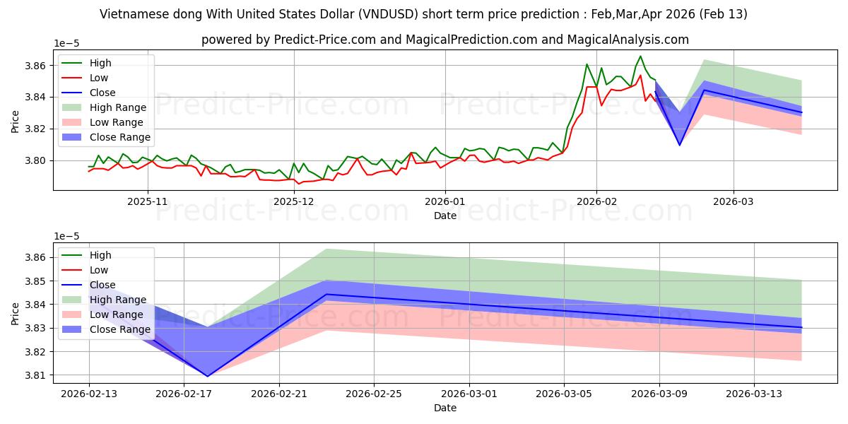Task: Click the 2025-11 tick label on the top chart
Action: (147, 201)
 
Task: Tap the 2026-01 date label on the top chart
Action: (444, 201)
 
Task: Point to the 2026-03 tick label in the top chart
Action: (734, 201)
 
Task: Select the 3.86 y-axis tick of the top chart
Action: (35, 66)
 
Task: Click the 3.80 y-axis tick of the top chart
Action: (35, 160)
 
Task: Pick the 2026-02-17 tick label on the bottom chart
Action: (184, 394)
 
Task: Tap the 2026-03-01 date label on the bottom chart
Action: (469, 394)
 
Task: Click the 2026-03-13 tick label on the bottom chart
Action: (754, 394)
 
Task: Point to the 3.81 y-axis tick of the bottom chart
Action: (35, 375)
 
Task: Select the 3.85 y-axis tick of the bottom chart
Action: (35, 281)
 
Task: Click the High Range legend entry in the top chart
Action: (104, 107)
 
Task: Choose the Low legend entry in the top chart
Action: (85, 78)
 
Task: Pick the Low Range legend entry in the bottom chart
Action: (102, 314)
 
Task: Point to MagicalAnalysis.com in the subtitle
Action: (628, 40)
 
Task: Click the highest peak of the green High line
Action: (640, 56)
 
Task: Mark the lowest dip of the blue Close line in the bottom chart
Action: (208, 376)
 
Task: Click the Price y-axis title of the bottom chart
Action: (15, 314)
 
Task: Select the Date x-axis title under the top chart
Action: (444, 216)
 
